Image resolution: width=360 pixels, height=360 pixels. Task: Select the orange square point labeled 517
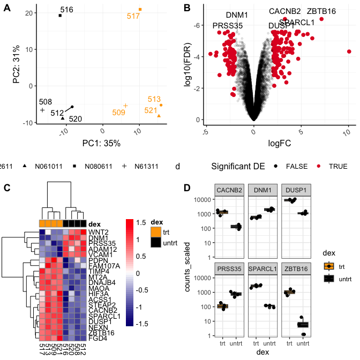click(140, 9)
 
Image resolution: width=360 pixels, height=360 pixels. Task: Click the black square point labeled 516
click(60, 16)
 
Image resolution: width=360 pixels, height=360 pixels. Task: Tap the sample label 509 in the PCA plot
click(118, 112)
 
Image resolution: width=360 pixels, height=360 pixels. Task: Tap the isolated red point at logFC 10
click(349, 51)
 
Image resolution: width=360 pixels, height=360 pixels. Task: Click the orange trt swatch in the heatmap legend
click(155, 232)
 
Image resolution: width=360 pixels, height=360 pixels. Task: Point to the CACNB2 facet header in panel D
click(229, 190)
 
